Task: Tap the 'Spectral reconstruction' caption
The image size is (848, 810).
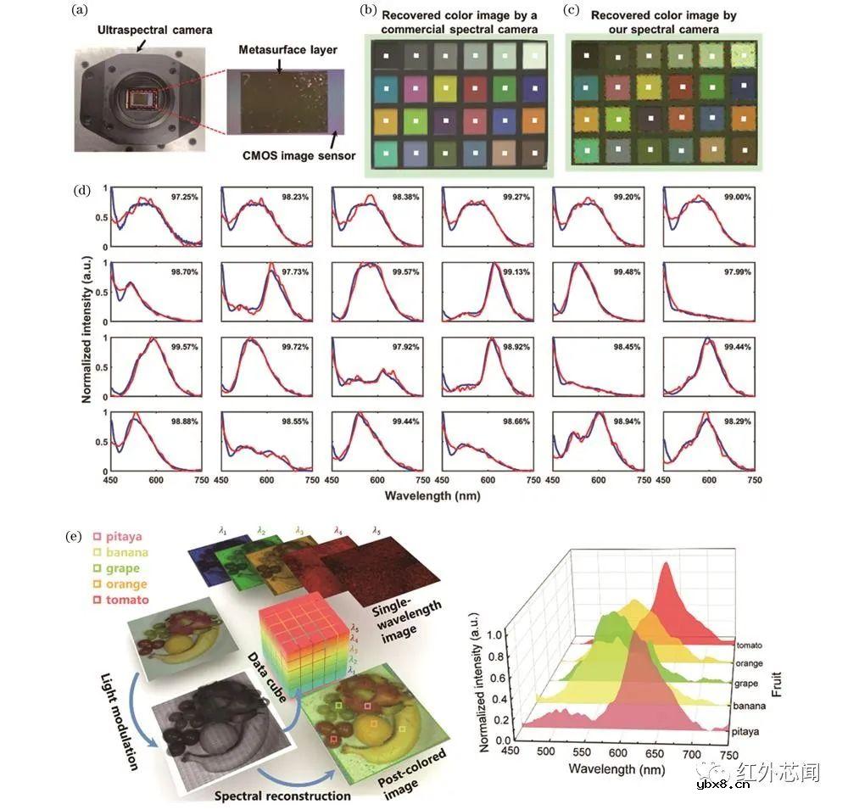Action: [282, 796]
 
